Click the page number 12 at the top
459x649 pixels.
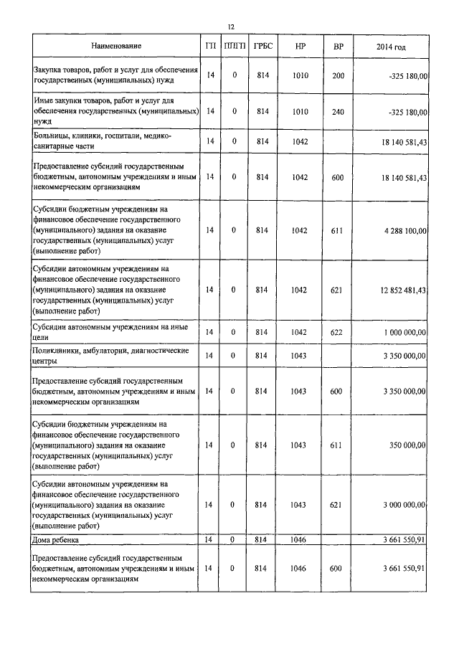tap(231, 27)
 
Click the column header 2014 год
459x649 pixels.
tap(391, 47)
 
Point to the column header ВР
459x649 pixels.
tap(338, 47)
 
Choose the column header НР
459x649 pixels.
tap(301, 47)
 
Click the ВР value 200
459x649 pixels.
tap(338, 75)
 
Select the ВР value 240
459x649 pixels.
tap(338, 111)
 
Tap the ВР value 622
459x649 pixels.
tap(338, 331)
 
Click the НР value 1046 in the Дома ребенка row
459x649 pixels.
tap(301, 539)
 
